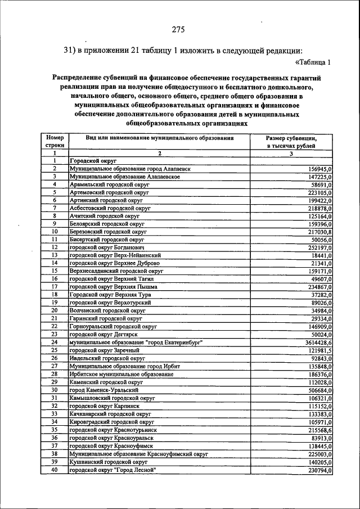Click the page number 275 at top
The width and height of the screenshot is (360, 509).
pos(178,30)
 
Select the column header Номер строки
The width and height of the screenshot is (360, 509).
pos(55,141)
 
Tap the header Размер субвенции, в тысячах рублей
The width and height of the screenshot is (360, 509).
pos(291,141)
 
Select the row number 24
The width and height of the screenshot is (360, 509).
pos(55,342)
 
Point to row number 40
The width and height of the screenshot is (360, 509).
pos(55,470)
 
